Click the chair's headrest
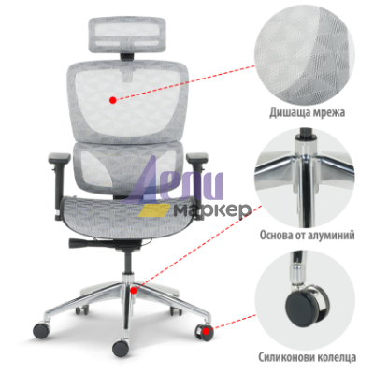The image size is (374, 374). (x=128, y=36)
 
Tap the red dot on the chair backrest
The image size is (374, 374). (x=113, y=100)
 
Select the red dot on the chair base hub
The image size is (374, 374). (x=134, y=291)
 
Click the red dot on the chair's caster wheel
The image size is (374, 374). (x=206, y=331)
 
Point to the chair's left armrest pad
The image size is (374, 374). (x=59, y=157)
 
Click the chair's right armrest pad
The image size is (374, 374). (x=197, y=157)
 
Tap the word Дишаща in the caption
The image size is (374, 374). (x=287, y=112)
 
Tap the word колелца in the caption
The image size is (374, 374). (x=335, y=357)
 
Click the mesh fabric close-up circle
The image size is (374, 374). (x=305, y=56)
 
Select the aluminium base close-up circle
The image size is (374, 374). (x=305, y=178)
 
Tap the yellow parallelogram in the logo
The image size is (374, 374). (x=154, y=210)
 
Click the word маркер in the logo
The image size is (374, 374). (x=212, y=211)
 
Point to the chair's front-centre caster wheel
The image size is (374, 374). (x=121, y=348)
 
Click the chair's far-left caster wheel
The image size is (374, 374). (x=41, y=330)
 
